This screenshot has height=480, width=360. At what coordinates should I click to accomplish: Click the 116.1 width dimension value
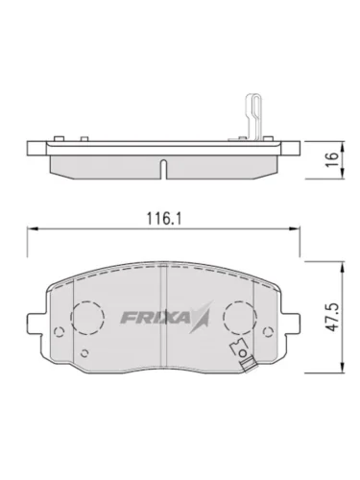click(x=163, y=218)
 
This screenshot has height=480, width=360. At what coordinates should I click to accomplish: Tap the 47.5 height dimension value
click(x=332, y=318)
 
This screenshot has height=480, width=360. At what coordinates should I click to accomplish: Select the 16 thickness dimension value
click(x=333, y=159)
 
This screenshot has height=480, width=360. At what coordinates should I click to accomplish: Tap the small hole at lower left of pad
click(x=84, y=353)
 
